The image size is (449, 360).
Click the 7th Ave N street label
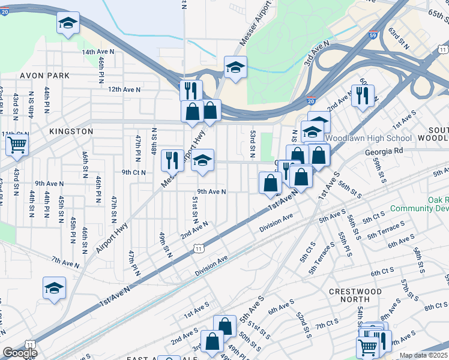click(x=65, y=262)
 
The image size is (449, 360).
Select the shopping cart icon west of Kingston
click(x=17, y=144)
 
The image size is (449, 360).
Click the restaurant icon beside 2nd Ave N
click(x=363, y=94)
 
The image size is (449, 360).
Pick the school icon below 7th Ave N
click(x=54, y=288)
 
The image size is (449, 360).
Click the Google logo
click(x=19, y=353)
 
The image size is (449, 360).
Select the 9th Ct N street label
click(x=133, y=172)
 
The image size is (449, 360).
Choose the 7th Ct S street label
click(x=328, y=325)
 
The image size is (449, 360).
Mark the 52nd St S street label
click(x=303, y=323)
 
